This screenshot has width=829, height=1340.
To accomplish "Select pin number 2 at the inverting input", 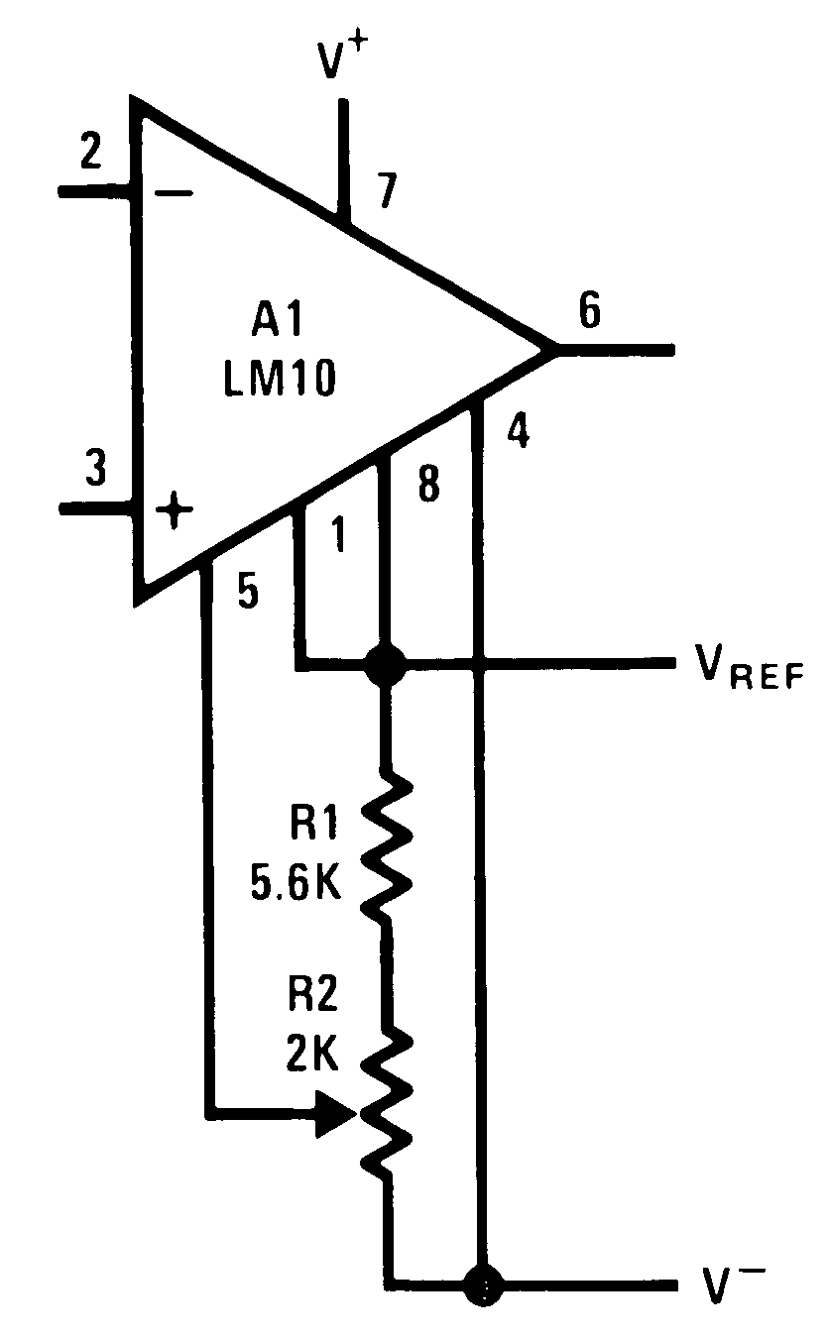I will [x=90, y=152].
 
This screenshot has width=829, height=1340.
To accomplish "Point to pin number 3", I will [x=95, y=469].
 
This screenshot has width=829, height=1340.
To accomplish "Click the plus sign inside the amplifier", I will [x=176, y=511].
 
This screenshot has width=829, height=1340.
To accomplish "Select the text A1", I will [x=277, y=326].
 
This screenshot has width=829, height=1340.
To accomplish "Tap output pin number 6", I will [x=588, y=312].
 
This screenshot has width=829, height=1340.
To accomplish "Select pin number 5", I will [x=247, y=592].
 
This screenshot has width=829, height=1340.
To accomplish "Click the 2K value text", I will [x=313, y=1056].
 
